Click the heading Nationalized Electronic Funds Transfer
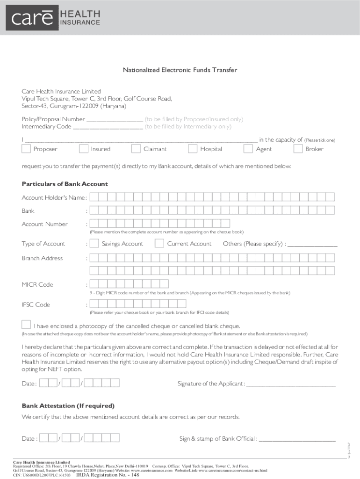[180, 70]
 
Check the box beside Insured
[84, 149]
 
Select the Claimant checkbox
[136, 149]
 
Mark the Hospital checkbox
[193, 149]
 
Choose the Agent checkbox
[249, 149]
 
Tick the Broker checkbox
[298, 149]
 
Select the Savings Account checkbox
[94, 243]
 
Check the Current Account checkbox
[159, 243]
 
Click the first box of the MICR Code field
[94, 284]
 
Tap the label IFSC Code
[36, 305]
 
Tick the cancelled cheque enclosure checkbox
[27, 325]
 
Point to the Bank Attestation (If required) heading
[68, 406]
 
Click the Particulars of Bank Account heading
[65, 184]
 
